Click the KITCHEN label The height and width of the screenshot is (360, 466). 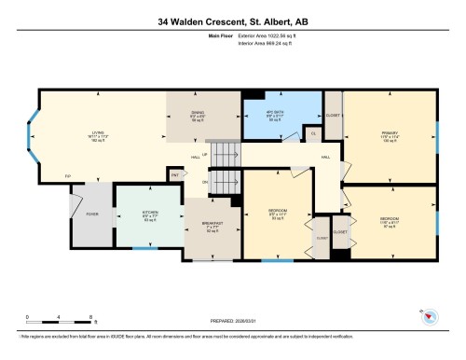pos(147,215)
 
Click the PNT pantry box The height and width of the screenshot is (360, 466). pos(174,173)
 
